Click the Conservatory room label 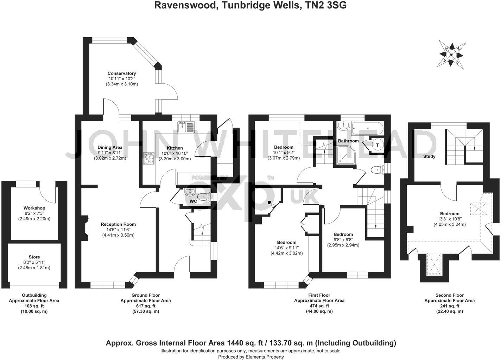point(122,73)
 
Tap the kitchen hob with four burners point(148,159)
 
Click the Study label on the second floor point(429,156)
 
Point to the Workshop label point(34,208)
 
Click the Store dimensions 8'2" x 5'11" point(34,262)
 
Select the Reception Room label point(118,224)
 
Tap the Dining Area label point(110,147)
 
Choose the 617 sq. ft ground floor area point(146,306)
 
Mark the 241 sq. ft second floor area point(449,306)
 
